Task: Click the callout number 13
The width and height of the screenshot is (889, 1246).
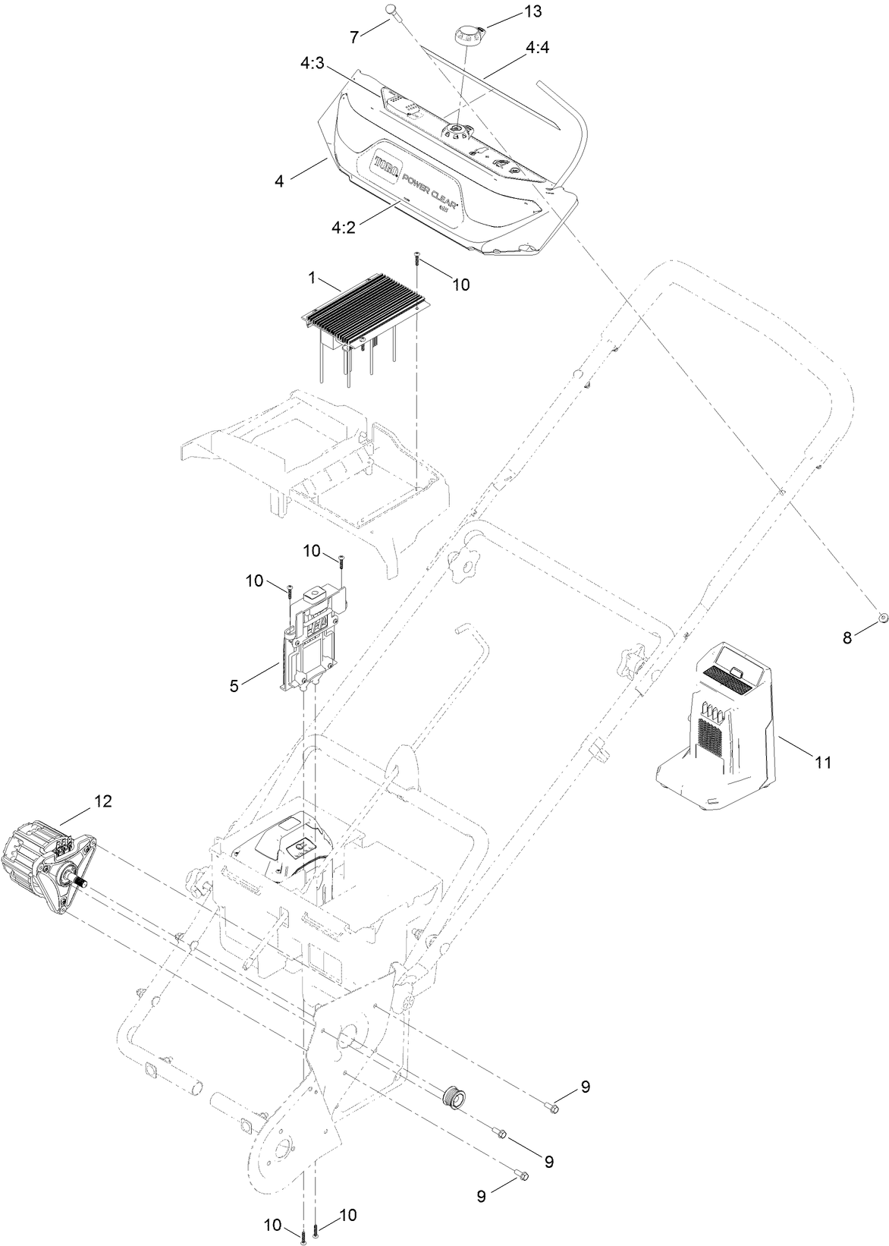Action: pos(513,13)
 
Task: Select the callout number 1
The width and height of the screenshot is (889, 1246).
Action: pos(312,278)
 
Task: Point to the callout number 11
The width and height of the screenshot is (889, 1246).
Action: pos(823,762)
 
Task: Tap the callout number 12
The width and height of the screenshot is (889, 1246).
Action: pos(102,801)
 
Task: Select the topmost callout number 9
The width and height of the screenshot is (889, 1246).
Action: pos(585,1087)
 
